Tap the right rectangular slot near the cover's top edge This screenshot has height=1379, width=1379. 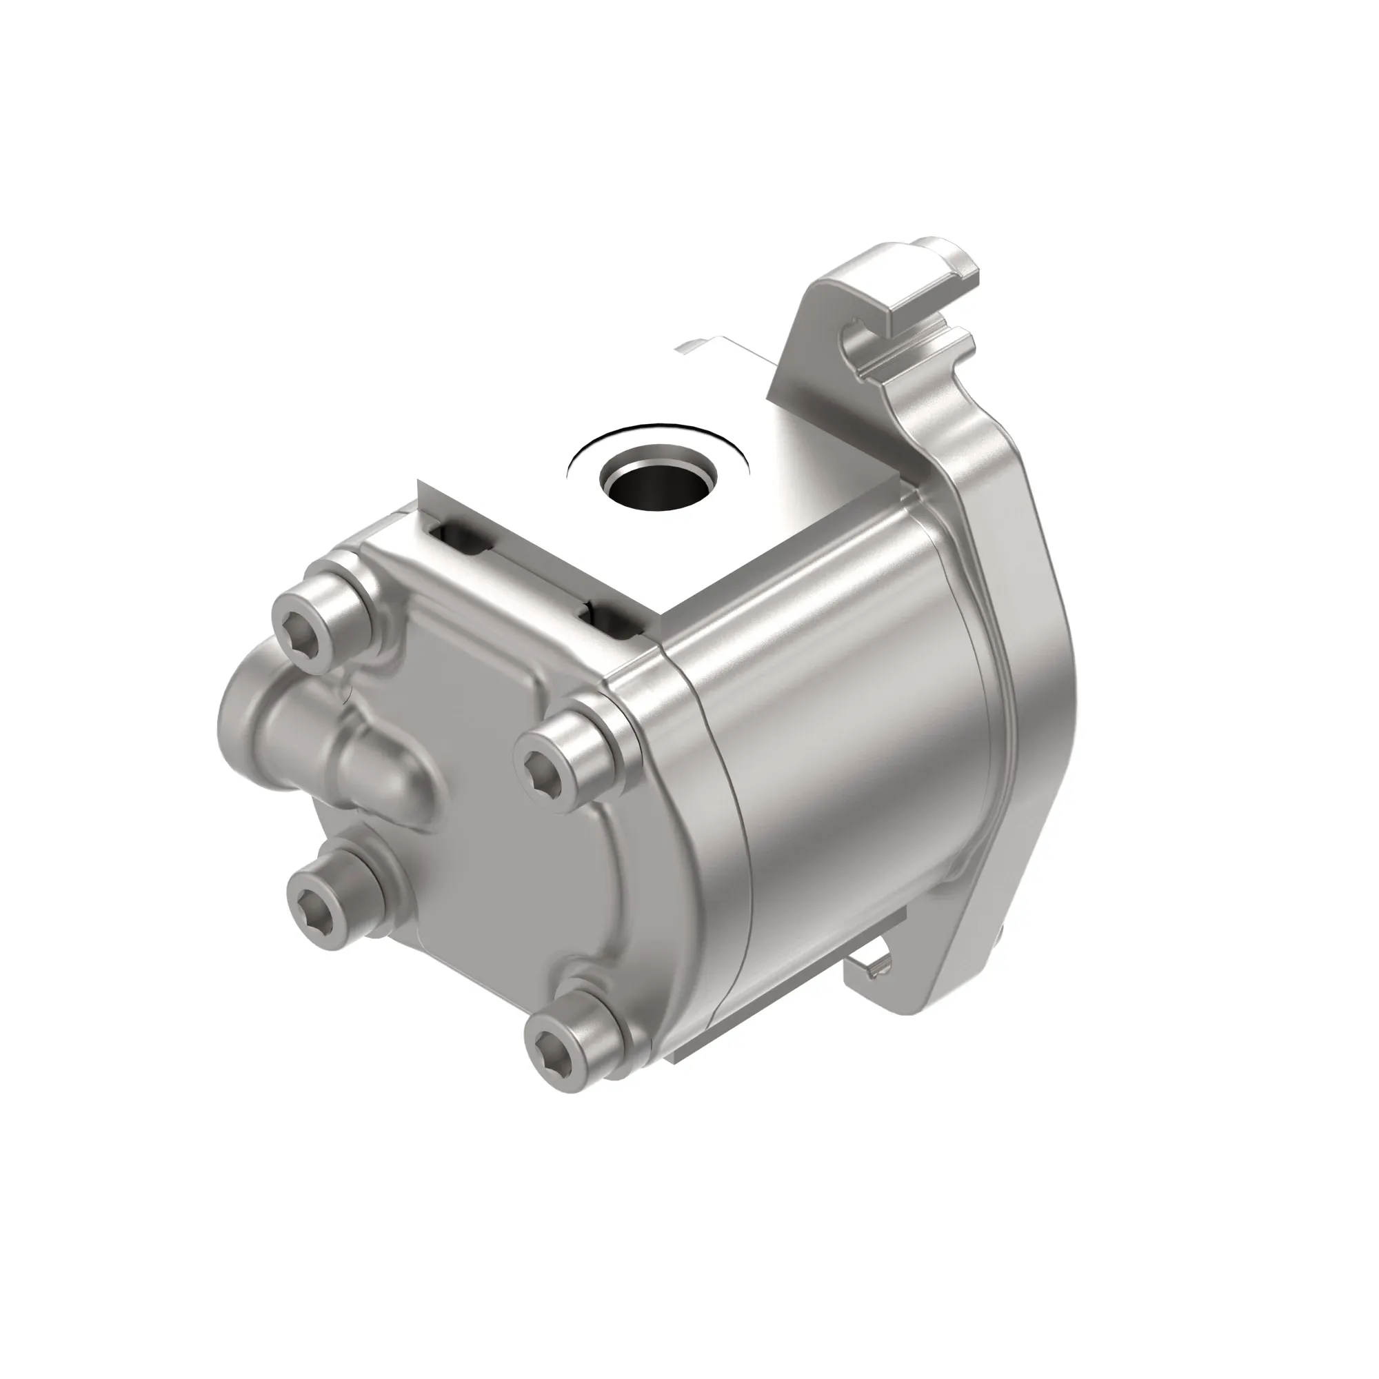[615, 616]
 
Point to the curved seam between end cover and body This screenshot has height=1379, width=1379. [721, 821]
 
